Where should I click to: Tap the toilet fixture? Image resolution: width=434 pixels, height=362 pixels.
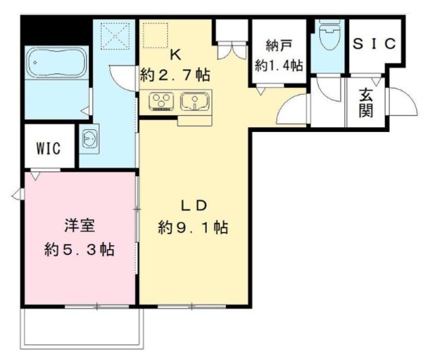[330, 39]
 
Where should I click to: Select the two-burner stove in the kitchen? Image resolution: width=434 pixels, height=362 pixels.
[161, 102]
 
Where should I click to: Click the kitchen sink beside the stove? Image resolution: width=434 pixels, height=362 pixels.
[194, 102]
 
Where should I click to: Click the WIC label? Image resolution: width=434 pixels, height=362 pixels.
[49, 148]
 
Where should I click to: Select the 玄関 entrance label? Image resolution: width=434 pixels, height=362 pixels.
[366, 102]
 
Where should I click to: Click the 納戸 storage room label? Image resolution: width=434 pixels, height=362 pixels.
[278, 48]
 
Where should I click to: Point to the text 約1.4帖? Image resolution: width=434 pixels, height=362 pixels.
[279, 66]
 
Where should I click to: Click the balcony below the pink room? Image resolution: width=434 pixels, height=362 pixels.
[81, 329]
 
